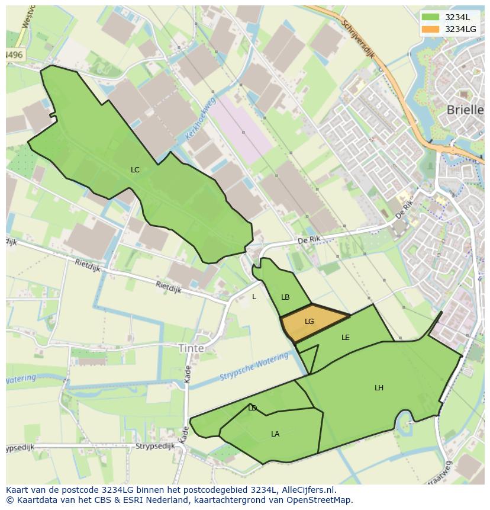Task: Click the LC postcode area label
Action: tap(135, 170)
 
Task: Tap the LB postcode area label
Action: tap(285, 297)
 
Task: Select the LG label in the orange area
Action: tap(309, 322)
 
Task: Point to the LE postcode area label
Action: tap(346, 338)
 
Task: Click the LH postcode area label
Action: tap(379, 388)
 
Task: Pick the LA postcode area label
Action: tap(275, 434)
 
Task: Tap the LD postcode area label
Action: tap(253, 408)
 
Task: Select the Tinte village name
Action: tap(191, 348)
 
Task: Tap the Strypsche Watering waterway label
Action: tap(254, 368)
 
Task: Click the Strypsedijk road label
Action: tap(155, 447)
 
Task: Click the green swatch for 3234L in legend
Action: tap(431, 17)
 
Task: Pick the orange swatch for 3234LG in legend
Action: tap(431, 29)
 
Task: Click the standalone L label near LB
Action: tap(254, 297)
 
